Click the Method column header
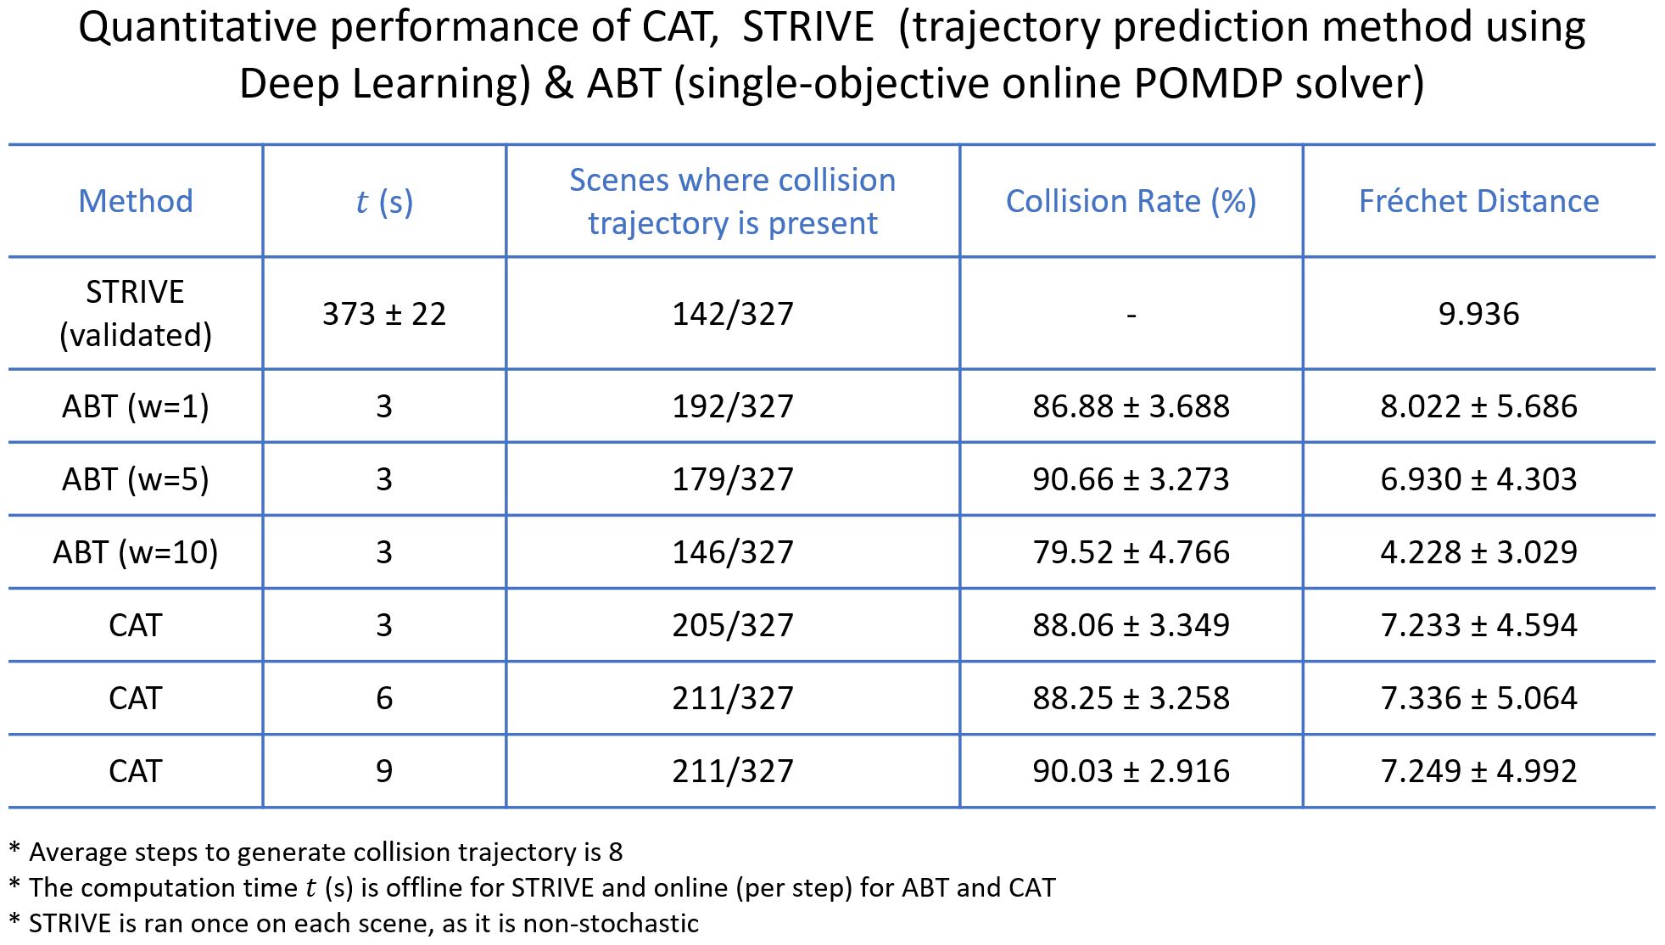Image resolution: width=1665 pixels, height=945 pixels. [x=136, y=201]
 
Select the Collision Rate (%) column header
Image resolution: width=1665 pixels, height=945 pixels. [x=1131, y=201]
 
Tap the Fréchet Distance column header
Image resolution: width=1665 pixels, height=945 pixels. [x=1478, y=201]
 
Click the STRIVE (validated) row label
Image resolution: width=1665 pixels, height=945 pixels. [x=136, y=313]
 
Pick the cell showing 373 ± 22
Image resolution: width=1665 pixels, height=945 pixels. [x=384, y=314]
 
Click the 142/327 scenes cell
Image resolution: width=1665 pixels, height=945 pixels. [x=733, y=314]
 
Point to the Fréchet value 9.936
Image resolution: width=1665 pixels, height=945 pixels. [x=1478, y=314]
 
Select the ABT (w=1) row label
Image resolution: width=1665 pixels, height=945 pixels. [x=136, y=406]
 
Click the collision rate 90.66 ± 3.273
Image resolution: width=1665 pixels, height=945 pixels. [x=1131, y=479]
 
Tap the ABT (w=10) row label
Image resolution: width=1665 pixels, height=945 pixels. [x=136, y=552]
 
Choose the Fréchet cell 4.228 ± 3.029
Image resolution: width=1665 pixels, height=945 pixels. [x=1478, y=552]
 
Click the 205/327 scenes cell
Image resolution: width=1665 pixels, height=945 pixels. [x=733, y=625]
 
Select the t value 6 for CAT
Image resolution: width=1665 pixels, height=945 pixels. [x=384, y=698]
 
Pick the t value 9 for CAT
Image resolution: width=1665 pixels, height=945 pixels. [x=384, y=771]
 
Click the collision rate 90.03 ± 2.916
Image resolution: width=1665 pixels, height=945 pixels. [x=1131, y=771]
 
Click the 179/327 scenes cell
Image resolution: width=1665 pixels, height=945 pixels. [x=733, y=479]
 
